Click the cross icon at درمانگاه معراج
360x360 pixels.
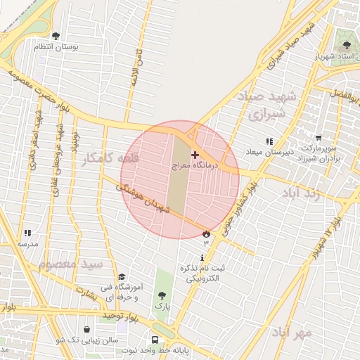195,154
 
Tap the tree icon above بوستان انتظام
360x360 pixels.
56,36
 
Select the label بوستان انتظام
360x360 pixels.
56,46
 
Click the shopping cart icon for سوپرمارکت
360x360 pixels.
319,139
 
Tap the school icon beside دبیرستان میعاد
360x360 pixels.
269,141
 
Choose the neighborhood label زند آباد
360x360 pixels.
309,193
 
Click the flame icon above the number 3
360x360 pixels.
206,233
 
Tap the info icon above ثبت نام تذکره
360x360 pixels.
202,258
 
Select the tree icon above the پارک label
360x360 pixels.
162,296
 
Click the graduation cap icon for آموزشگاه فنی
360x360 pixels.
121,276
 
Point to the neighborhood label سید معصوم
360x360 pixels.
70,264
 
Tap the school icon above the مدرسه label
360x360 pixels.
27,233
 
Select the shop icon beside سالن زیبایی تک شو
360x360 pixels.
86,328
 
